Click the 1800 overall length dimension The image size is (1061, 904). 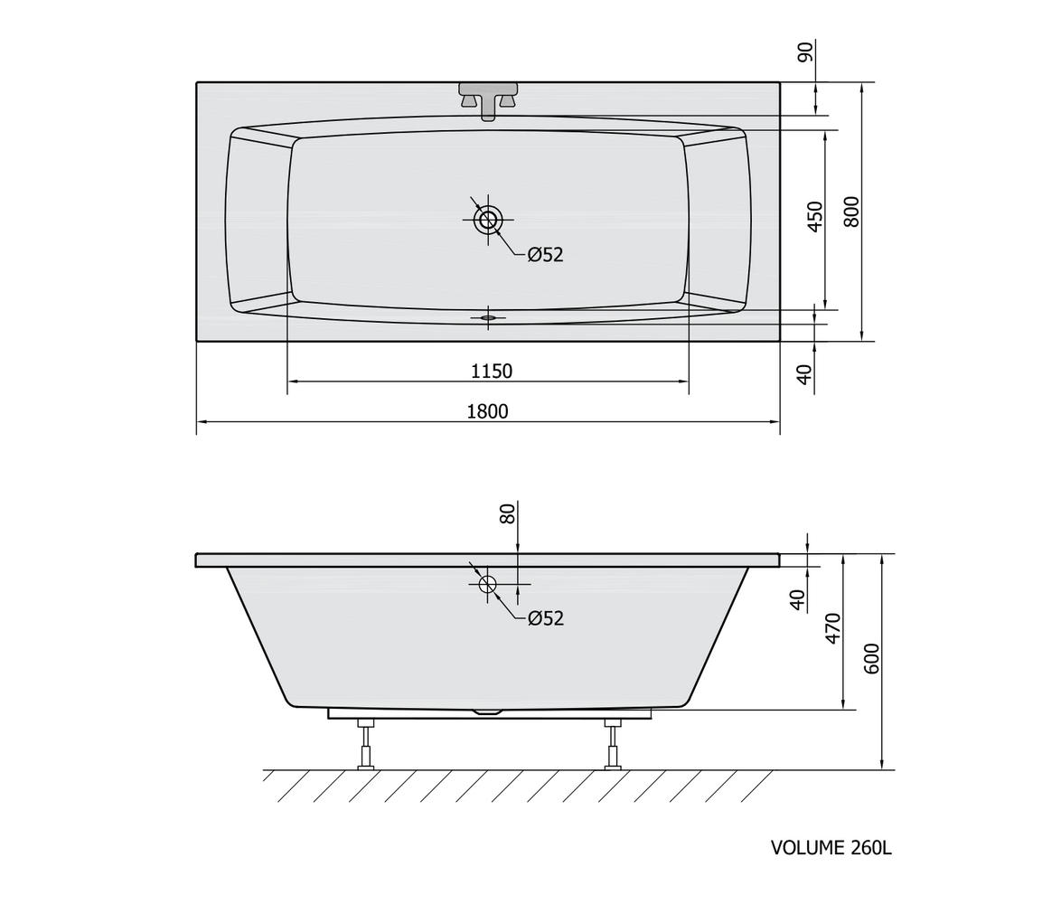click(487, 410)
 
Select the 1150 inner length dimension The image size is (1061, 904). click(492, 371)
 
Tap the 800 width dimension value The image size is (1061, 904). click(852, 212)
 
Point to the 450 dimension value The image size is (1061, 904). click(816, 217)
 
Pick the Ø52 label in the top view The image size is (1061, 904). click(545, 254)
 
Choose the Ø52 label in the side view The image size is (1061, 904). click(545, 617)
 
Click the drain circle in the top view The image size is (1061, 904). click(488, 220)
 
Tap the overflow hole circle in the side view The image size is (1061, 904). click(487, 584)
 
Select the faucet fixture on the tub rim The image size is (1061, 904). click(488, 100)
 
